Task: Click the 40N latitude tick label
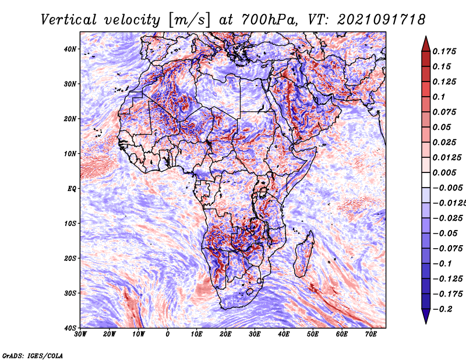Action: click(69, 49)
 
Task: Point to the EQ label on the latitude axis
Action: click(72, 189)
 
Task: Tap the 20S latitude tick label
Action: click(70, 258)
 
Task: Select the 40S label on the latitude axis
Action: click(70, 328)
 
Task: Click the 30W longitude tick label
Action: click(80, 334)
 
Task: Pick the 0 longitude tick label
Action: click(168, 334)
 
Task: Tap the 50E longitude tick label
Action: click(313, 334)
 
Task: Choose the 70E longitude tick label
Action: click(370, 334)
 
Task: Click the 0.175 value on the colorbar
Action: click(444, 51)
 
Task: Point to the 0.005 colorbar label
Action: click(444, 172)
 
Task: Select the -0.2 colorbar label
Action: click(443, 309)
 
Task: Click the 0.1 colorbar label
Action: click(439, 97)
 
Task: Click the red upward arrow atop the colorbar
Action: click(426, 44)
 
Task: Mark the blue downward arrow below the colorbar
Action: click(426, 316)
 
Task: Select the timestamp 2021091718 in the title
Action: click(382, 20)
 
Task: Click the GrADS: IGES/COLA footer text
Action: click(33, 356)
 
